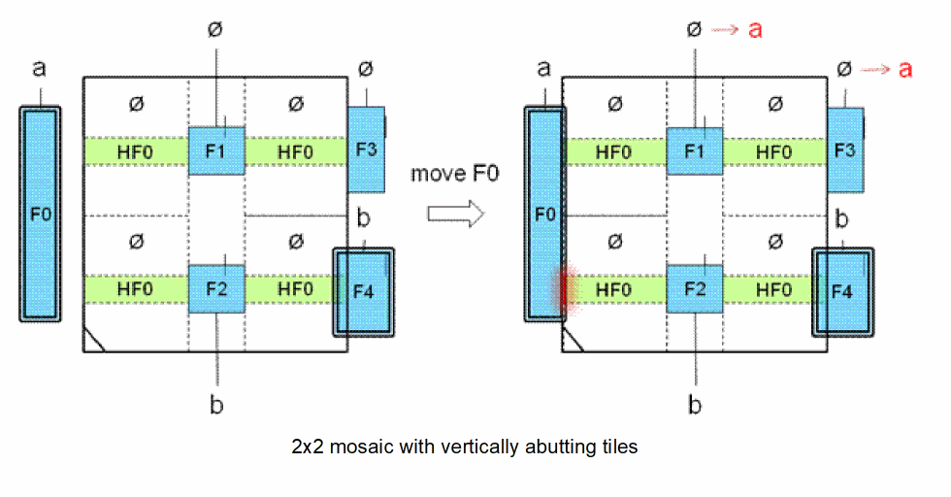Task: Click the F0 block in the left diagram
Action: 40,214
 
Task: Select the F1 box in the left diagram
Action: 215,150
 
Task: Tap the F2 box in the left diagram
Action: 215,288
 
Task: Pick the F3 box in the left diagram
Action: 366,149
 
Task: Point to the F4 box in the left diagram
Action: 365,291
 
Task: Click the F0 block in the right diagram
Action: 543,214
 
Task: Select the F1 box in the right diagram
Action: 693,150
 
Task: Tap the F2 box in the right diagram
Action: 693,288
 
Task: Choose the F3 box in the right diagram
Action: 844,149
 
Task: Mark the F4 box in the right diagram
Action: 843,291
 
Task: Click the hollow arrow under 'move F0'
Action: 455,214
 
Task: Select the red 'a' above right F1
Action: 755,30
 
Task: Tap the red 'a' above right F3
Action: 905,69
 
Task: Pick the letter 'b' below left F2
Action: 215,403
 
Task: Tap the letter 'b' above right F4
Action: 842,218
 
